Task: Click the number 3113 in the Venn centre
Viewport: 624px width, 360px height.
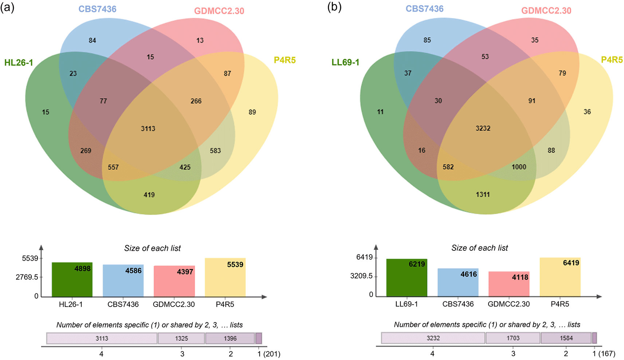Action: click(x=148, y=128)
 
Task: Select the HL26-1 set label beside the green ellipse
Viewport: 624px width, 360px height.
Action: click(x=19, y=63)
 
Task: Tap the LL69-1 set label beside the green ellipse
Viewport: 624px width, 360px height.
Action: click(x=345, y=62)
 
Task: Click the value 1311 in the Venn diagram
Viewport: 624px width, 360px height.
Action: click(x=483, y=194)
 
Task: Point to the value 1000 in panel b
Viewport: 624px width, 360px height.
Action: click(x=519, y=167)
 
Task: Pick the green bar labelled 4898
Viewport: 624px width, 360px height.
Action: click(x=72, y=280)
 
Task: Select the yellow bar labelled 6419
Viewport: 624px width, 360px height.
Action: click(x=560, y=277)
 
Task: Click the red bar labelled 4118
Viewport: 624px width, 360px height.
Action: click(x=509, y=284)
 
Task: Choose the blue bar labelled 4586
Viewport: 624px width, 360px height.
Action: click(x=123, y=281)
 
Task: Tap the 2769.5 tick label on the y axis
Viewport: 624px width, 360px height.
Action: click(x=27, y=277)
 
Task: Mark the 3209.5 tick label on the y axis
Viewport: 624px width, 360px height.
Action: click(x=361, y=276)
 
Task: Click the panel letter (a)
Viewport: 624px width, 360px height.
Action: click(x=7, y=7)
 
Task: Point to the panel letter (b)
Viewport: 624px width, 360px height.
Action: click(x=334, y=7)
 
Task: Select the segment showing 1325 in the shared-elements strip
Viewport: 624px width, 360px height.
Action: click(x=181, y=338)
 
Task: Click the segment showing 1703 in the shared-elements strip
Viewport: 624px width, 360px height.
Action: click(x=513, y=338)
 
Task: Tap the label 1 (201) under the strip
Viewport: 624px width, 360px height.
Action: click(x=269, y=354)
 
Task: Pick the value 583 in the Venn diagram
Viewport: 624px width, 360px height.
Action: click(x=215, y=150)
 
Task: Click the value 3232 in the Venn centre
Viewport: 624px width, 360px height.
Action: click(x=483, y=128)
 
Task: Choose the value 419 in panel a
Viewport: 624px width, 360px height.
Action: click(x=149, y=195)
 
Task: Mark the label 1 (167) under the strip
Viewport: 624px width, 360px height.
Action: click(x=604, y=353)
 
